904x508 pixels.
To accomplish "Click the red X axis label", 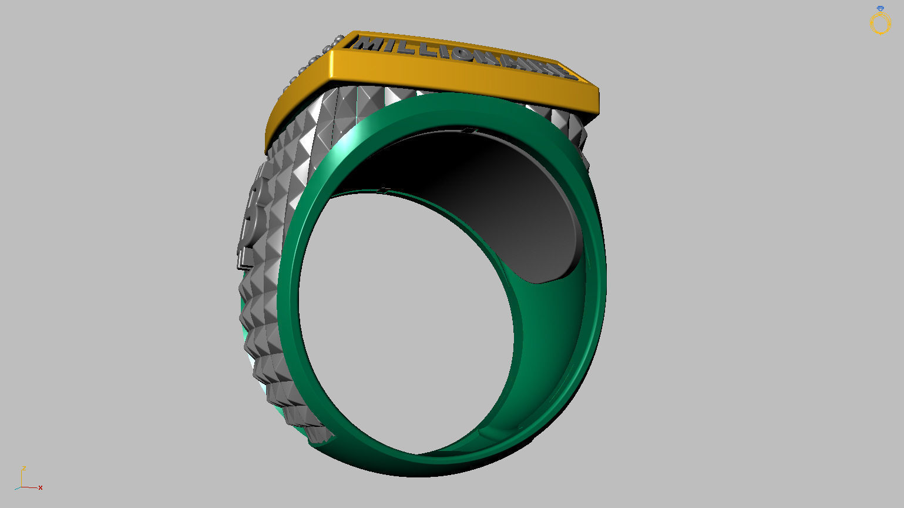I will (41, 487).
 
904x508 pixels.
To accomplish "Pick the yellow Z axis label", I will (23, 468).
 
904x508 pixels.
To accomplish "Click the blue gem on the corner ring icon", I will (880, 9).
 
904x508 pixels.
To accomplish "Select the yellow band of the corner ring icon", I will (881, 24).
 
